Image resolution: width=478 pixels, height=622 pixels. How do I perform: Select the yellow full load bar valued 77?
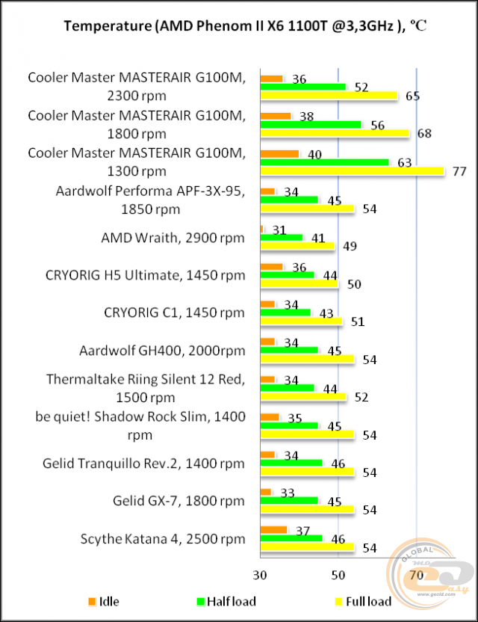[x=352, y=171]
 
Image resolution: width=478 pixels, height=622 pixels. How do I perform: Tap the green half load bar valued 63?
[x=324, y=162]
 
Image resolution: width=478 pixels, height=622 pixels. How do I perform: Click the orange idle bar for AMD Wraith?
[x=261, y=229]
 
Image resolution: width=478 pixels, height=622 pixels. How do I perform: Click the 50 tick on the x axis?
[x=338, y=575]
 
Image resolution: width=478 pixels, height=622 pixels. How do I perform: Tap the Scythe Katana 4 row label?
[x=162, y=538]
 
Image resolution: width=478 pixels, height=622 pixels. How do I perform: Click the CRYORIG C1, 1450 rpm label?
[x=173, y=312]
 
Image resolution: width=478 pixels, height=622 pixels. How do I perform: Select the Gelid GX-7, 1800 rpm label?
[x=179, y=500]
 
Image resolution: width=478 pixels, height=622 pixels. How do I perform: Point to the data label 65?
[x=412, y=96]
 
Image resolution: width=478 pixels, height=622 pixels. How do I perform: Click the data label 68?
[x=423, y=134]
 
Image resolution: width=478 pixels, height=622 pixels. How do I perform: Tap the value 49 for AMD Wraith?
[x=348, y=247]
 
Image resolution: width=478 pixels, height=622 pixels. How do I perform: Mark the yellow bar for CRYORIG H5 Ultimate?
[x=299, y=284]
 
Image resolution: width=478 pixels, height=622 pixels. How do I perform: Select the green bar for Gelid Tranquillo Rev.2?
[x=291, y=463]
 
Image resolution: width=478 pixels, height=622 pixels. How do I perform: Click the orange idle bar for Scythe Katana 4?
[x=273, y=529]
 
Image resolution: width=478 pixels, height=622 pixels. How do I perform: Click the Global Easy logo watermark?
[x=429, y=575]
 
